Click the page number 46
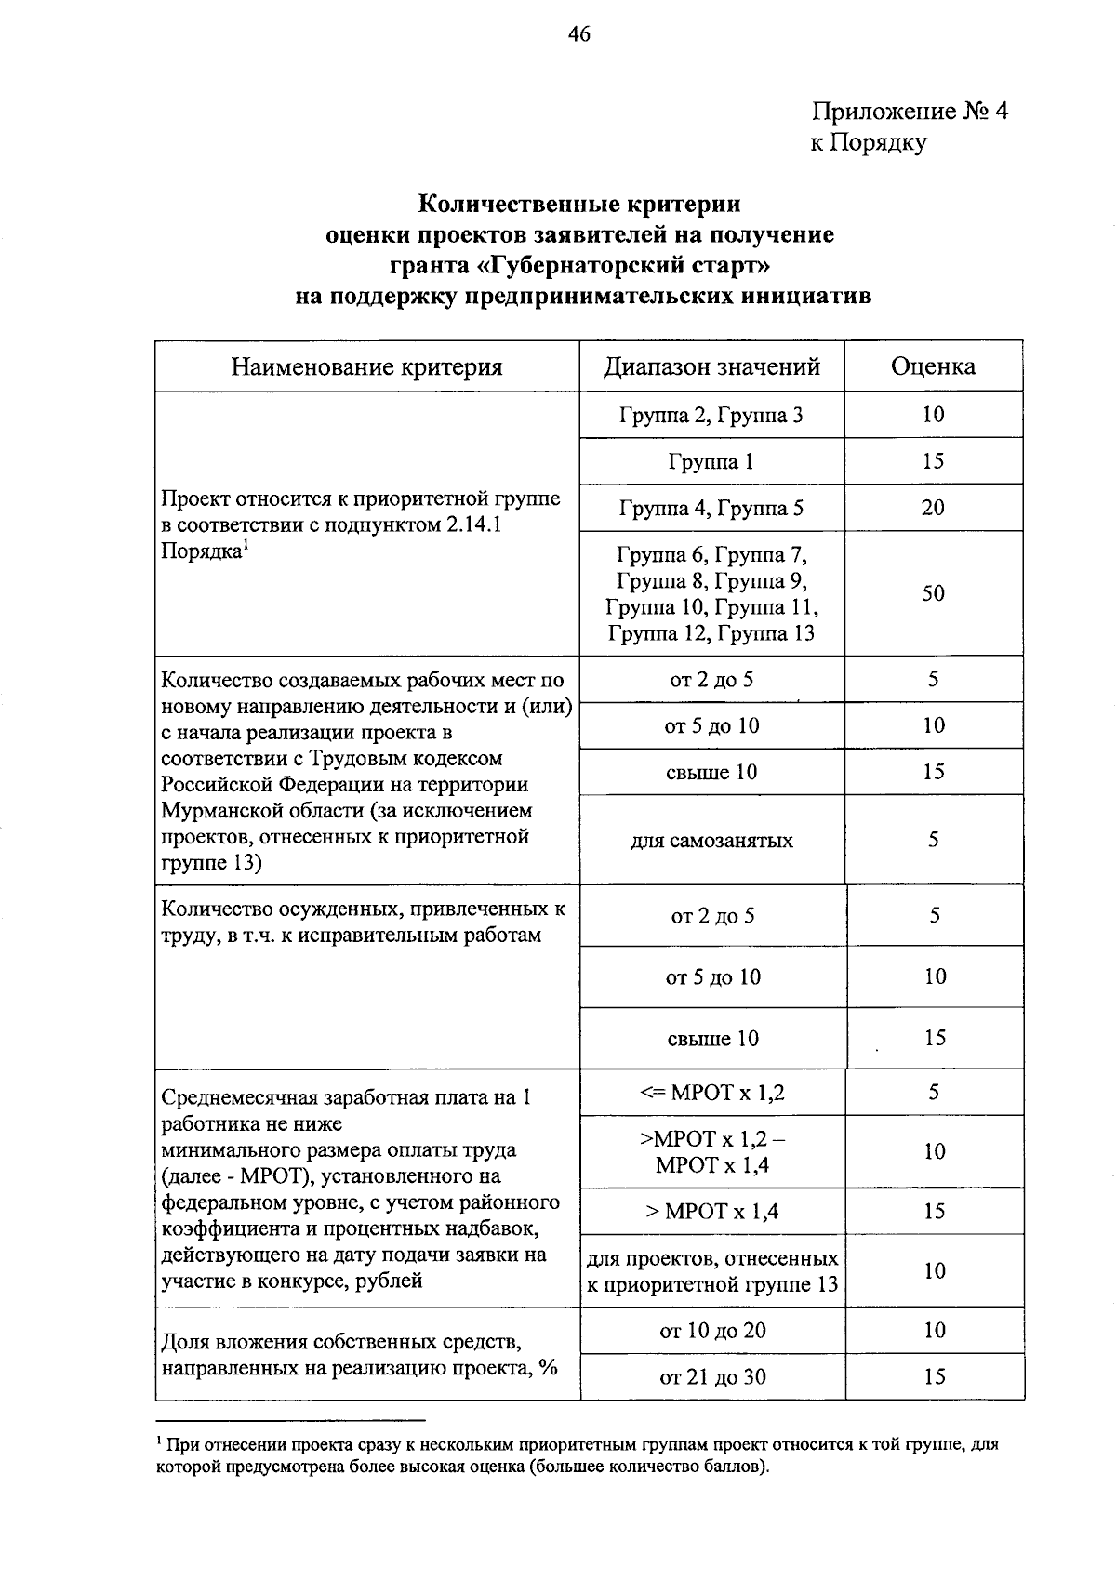tap(578, 35)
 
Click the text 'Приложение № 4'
tap(910, 112)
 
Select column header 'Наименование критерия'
tap(366, 366)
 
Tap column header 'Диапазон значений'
tap(711, 366)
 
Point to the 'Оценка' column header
tap(933, 366)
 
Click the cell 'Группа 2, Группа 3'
tap(711, 415)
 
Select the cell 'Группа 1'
tap(711, 461)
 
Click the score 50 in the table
tap(933, 593)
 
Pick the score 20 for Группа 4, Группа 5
tap(933, 508)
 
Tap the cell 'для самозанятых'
tap(711, 841)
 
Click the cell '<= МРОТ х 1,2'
tap(711, 1093)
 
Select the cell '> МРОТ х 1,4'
tap(711, 1211)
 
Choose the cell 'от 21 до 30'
tap(712, 1377)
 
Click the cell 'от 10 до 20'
tap(712, 1331)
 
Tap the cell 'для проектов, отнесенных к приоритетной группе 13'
tap(711, 1271)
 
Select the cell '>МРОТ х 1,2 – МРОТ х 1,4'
tap(711, 1151)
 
